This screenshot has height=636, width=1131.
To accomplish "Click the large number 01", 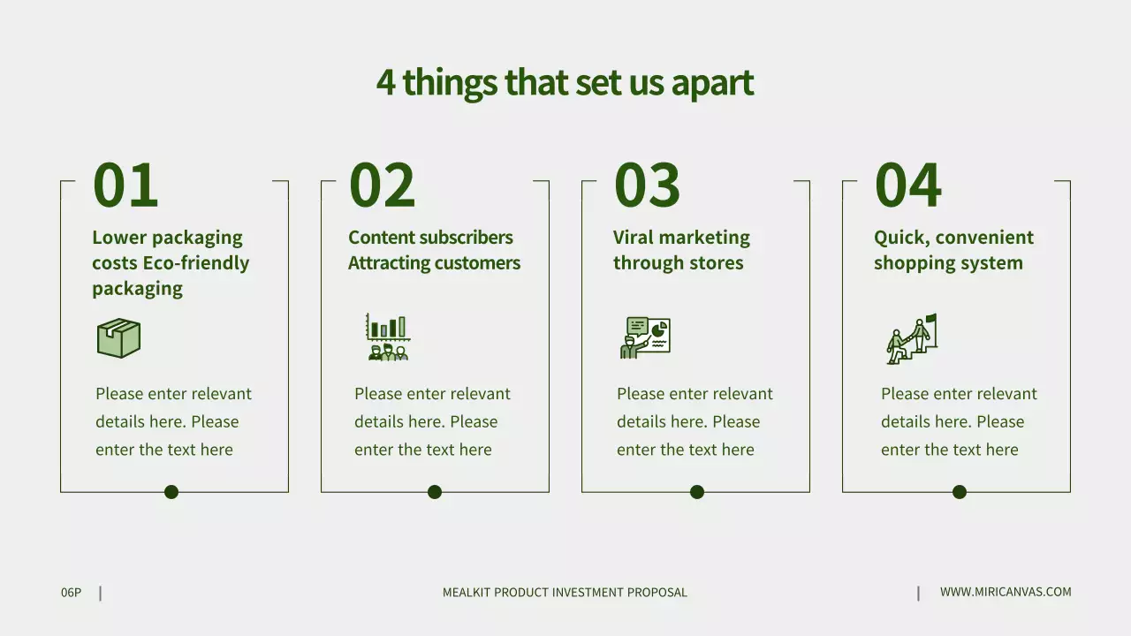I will [x=125, y=185].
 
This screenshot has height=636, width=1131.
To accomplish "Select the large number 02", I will [x=382, y=185].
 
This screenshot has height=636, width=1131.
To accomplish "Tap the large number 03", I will [x=647, y=185].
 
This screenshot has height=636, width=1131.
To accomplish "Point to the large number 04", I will [x=907, y=185].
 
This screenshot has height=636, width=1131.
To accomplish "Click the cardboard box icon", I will [x=118, y=338].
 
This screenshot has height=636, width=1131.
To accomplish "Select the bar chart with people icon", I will [x=388, y=337].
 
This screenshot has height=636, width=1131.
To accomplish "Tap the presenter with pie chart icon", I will [x=645, y=337].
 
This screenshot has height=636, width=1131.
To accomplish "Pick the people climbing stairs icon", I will [x=911, y=338].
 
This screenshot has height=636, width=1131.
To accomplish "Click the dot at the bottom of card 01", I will [x=171, y=492].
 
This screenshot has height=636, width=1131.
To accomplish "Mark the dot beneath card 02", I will [x=435, y=492].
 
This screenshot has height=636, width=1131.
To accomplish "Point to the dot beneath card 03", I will [x=697, y=492].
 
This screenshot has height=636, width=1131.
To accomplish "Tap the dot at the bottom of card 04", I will [x=960, y=492].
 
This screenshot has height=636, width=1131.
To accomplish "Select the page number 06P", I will [x=71, y=593].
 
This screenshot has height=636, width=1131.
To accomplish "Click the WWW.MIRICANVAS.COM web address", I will [x=1006, y=592].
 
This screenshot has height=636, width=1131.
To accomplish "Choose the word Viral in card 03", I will [x=635, y=238].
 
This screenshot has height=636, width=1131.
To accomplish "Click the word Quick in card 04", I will [x=900, y=238].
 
